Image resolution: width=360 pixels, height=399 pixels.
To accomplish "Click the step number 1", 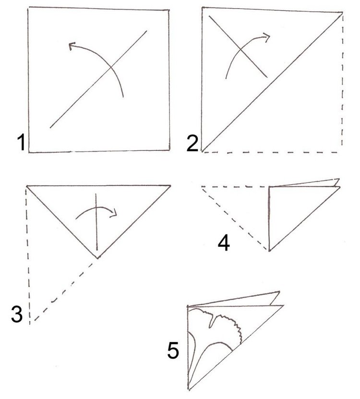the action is point(22,143).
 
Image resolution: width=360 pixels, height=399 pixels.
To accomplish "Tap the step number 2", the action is point(192,144).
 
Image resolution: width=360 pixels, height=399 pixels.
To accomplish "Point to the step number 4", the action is point(224,242).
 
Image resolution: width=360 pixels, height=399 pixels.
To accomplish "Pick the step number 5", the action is point(173,351).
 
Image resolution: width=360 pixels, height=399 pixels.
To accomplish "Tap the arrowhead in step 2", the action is point(266,37).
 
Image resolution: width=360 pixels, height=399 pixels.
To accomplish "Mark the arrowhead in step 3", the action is point(113,213).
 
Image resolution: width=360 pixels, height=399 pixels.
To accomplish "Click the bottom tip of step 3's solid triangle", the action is point(97,258).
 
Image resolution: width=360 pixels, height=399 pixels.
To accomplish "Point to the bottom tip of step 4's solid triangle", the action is point(269,251).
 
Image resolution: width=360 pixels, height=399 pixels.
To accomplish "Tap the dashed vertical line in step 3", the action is point(28,254).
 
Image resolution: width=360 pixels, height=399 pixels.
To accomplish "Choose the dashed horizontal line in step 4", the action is point(235,187).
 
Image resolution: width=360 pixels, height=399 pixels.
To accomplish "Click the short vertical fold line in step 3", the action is point(96,222).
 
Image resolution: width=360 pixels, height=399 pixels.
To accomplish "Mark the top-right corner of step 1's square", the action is point(169,10).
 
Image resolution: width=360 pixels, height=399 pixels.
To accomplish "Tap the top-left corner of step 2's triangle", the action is point(202,7).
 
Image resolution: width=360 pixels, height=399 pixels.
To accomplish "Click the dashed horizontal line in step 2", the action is point(270,152).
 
